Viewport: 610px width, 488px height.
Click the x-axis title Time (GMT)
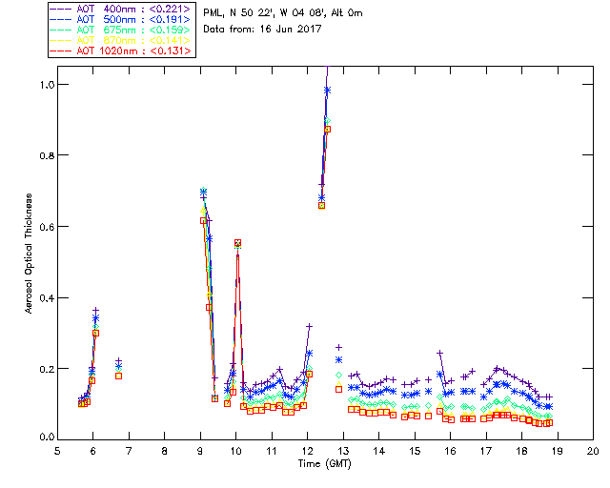pos(325,463)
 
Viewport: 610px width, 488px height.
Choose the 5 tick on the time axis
pos(58,450)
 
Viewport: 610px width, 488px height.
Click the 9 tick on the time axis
pos(201,450)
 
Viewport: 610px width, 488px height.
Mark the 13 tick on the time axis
pos(343,450)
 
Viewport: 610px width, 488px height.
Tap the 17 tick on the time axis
pos(486,450)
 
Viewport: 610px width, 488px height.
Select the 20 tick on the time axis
pos(593,450)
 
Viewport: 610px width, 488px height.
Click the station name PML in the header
pos(214,13)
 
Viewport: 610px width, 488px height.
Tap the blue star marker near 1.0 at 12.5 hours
pos(327,90)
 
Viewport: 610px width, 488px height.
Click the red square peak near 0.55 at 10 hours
pos(237,243)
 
